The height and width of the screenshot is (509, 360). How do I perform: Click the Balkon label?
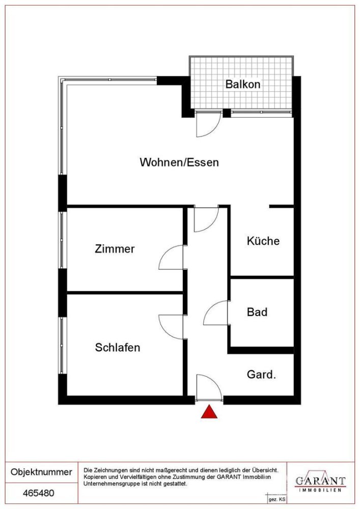click(x=242, y=84)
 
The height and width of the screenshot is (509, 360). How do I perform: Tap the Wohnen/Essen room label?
click(x=179, y=163)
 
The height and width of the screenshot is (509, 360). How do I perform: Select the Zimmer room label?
click(x=115, y=249)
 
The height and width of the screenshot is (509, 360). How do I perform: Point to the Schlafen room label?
click(x=118, y=348)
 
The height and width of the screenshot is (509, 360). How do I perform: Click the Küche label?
click(x=263, y=241)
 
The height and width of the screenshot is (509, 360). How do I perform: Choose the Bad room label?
click(x=257, y=312)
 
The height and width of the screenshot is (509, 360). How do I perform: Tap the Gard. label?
click(x=261, y=375)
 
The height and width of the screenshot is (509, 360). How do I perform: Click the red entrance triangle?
click(x=209, y=412)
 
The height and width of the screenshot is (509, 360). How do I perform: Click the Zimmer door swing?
click(x=172, y=258)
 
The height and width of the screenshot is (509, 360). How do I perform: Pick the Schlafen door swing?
click(x=172, y=326)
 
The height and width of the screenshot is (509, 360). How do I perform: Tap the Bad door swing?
click(x=216, y=314)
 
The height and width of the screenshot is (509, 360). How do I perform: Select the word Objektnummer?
click(x=41, y=472)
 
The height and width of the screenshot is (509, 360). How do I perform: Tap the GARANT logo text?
click(x=321, y=481)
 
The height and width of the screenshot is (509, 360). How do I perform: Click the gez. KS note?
click(x=273, y=501)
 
